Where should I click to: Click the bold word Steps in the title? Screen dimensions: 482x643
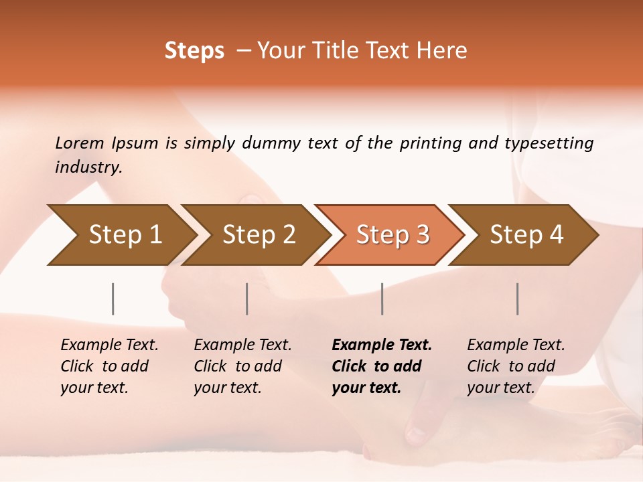[194, 51]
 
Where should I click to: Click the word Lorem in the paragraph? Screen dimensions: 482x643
[80, 143]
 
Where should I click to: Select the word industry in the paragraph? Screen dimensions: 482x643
[88, 167]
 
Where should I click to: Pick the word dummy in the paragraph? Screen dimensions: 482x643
[272, 143]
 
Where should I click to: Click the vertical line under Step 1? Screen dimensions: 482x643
[113, 299]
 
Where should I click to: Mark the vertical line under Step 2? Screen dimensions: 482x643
[247, 299]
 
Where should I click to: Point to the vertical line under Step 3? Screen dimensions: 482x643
[382, 299]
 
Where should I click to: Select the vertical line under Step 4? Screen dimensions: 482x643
[517, 299]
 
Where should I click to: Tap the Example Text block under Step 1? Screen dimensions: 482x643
[109, 366]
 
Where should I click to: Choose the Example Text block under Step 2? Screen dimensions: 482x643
[242, 366]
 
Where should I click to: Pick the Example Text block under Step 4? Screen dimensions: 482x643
[516, 366]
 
